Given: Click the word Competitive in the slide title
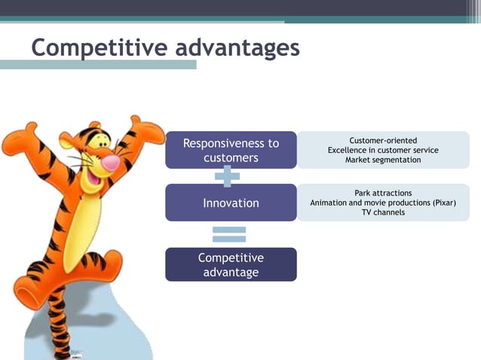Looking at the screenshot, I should (99, 47).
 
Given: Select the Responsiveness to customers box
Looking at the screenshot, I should (231, 150).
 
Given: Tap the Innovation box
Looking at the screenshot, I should (231, 203).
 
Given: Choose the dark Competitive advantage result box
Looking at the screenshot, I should (231, 264).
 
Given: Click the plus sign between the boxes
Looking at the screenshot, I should (227, 177).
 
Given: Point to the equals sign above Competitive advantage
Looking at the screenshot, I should (229, 234).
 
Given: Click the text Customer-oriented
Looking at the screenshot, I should (383, 141).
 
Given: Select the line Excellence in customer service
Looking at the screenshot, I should (383, 151).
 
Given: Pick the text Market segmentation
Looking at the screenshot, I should (383, 160).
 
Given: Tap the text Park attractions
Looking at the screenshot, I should (383, 194).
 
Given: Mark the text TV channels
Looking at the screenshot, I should (383, 212).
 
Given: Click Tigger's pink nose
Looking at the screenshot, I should (110, 162).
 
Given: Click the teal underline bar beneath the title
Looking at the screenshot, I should (98, 66).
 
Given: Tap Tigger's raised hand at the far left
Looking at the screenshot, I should (17, 143).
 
